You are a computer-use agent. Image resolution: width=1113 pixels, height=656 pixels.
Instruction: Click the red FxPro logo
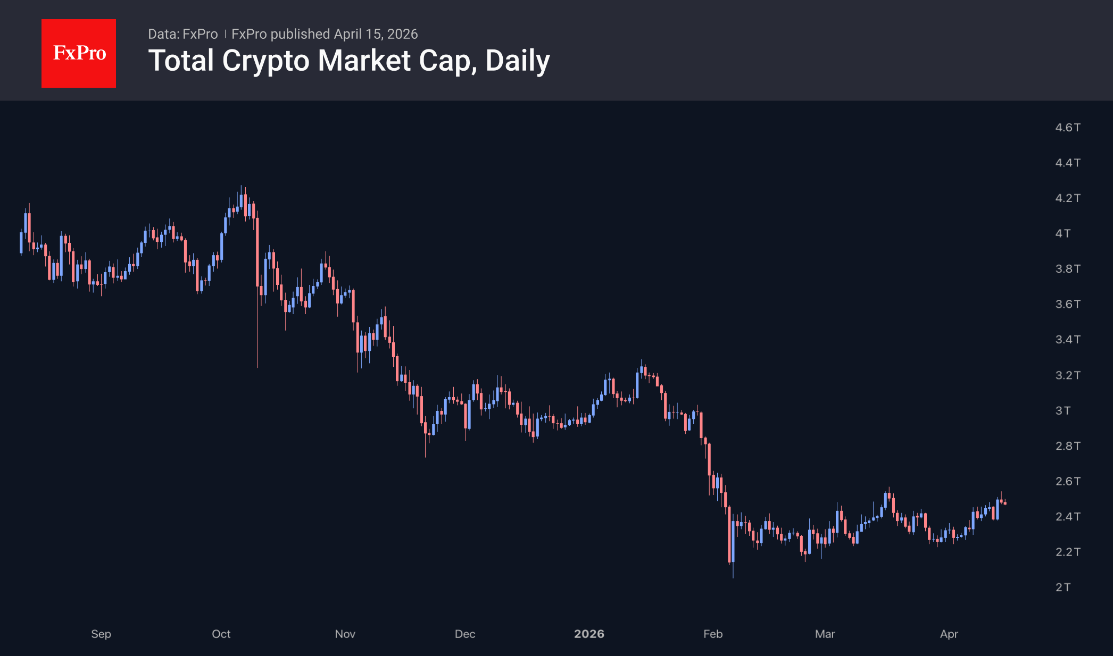(x=79, y=53)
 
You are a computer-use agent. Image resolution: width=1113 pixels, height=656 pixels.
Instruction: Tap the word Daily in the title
(x=517, y=61)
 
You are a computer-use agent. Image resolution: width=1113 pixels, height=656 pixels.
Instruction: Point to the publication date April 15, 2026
(x=376, y=34)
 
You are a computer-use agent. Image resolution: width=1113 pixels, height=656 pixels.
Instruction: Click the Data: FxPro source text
(x=182, y=34)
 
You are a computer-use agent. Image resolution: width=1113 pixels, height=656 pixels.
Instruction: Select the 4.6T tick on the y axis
(x=1067, y=128)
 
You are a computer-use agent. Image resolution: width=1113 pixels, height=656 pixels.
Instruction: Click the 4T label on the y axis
(x=1062, y=233)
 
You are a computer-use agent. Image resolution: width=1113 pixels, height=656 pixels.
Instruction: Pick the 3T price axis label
(x=1062, y=410)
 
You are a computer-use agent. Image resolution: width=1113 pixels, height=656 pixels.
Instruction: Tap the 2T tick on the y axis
(x=1062, y=587)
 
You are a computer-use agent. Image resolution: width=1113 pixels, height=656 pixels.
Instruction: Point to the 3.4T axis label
(x=1067, y=340)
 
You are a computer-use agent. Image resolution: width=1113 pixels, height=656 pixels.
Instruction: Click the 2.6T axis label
(x=1067, y=481)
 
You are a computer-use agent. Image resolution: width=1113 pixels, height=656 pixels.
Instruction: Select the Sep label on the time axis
(x=101, y=634)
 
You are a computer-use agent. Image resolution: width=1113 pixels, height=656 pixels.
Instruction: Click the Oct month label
(x=221, y=634)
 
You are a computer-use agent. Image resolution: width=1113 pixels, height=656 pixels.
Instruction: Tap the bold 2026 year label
(x=589, y=634)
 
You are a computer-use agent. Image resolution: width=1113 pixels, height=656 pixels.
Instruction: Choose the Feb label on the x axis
(x=713, y=634)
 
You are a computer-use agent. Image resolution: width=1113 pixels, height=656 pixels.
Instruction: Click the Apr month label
(x=949, y=634)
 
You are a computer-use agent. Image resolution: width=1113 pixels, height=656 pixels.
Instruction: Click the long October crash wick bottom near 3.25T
(x=258, y=366)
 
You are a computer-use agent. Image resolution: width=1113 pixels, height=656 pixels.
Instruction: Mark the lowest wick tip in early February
(x=733, y=577)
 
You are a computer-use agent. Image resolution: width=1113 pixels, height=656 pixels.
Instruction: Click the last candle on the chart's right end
(x=1005, y=503)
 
